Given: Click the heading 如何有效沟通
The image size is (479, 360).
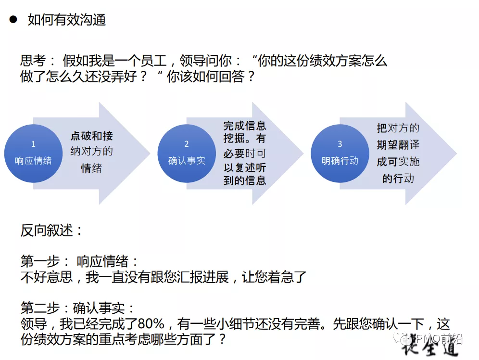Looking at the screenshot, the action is tap(67, 20).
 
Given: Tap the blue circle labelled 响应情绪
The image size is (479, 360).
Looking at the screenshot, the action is tap(33, 154).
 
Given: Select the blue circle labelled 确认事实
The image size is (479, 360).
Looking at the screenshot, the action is tap(187, 154).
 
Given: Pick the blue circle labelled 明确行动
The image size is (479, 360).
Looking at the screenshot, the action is tap(340, 154).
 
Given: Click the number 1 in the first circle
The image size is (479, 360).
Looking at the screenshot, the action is tap(33, 144).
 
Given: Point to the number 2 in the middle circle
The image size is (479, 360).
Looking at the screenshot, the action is tap(187, 144).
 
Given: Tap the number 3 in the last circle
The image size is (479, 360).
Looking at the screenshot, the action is tap(340, 144).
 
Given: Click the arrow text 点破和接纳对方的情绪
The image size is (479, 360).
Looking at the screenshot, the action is tap(92, 152).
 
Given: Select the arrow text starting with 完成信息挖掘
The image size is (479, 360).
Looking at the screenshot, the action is tap(245, 153).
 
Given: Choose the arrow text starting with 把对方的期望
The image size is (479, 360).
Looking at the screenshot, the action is tap(398, 153).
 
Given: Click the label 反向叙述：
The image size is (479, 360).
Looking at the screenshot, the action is tap(52, 231).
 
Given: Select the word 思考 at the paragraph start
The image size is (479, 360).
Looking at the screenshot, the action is tap(33, 61).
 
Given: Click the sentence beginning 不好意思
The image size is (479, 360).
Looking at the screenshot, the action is tap(164, 277).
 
